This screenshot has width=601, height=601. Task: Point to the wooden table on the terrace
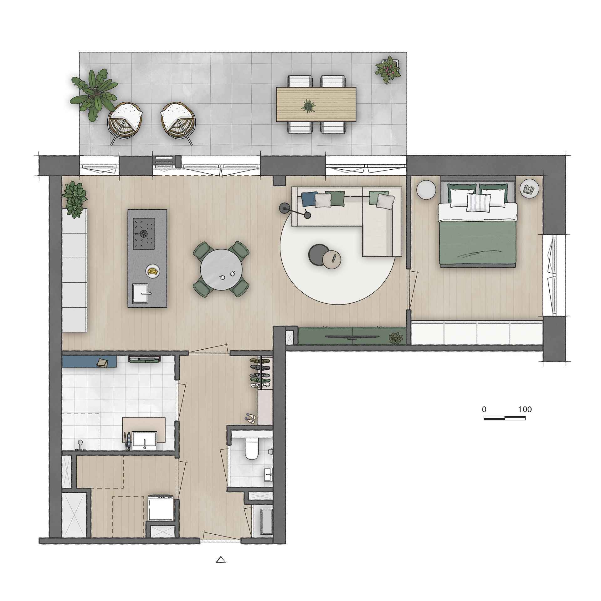pyautogui.click(x=316, y=104)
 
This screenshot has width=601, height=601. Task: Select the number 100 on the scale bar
pyautogui.click(x=525, y=409)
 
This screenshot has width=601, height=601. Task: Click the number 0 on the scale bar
pyautogui.click(x=484, y=409)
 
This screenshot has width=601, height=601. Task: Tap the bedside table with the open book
pyautogui.click(x=529, y=189)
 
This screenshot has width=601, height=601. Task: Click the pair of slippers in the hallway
pyautogui.click(x=250, y=417)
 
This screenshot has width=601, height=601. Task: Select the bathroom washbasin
pyautogui.click(x=145, y=441)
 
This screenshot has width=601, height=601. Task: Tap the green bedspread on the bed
pyautogui.click(x=478, y=243)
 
